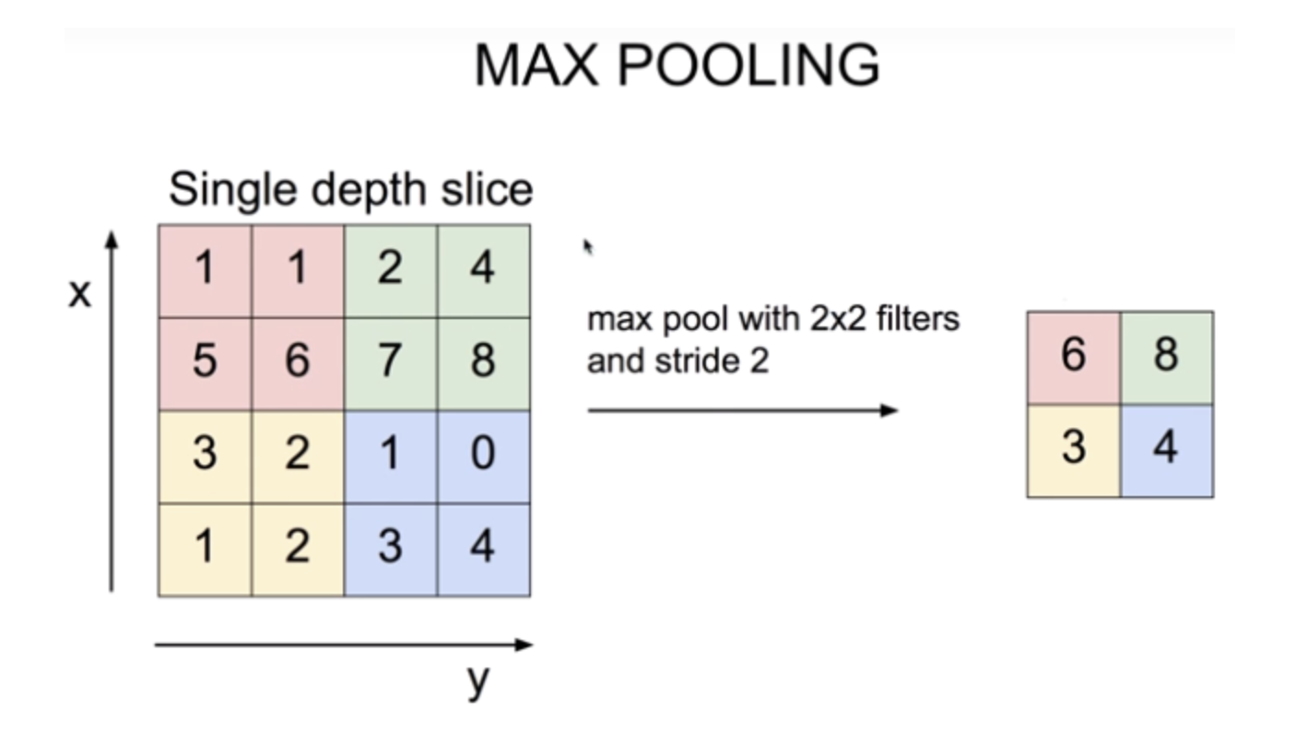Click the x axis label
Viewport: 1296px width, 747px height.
(80, 294)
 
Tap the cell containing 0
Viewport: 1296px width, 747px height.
(483, 455)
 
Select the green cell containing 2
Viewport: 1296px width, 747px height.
(390, 269)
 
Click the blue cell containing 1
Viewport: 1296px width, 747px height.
(390, 455)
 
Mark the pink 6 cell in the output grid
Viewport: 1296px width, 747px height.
(1073, 356)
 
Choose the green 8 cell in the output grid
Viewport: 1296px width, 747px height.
(1166, 356)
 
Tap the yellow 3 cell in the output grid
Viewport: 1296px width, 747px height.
(1073, 449)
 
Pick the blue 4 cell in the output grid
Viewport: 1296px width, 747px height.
(1166, 449)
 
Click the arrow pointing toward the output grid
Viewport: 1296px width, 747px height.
(742, 410)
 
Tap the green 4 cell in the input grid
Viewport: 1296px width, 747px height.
(483, 269)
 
